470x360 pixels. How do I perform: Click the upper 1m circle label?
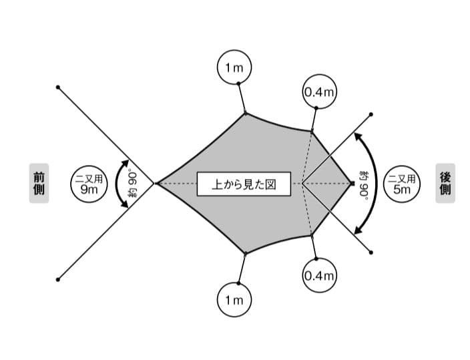click(234, 67)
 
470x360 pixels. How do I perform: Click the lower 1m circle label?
click(234, 300)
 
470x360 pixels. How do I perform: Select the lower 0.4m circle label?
click(318, 275)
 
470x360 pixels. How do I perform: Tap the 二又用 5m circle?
click(403, 183)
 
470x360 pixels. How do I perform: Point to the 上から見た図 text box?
click(244, 183)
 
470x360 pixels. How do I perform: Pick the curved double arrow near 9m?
click(120, 183)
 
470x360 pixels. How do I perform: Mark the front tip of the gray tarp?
click(156, 183)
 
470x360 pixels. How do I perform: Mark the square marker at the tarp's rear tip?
click(351, 183)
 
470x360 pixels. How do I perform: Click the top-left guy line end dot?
click(59, 87)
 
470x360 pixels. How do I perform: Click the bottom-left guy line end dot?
click(59, 279)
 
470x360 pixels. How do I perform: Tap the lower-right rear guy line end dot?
click(371, 252)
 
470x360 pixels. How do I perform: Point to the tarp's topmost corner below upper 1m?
click(246, 113)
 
